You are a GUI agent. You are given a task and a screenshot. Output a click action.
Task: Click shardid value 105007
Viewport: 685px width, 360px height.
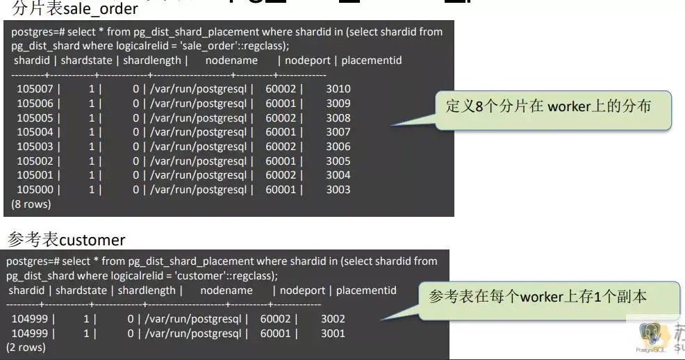pos(34,89)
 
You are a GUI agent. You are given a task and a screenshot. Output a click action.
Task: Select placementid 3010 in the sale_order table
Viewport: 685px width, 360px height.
pos(338,89)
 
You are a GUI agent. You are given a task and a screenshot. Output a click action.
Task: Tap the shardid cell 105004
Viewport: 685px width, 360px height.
pos(34,132)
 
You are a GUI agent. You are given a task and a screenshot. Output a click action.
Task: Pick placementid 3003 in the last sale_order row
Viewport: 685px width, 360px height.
pos(338,190)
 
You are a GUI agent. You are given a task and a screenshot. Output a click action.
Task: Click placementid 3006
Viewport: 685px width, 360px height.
pos(338,147)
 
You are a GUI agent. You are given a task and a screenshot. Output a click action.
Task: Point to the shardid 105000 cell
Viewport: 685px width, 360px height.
pos(34,190)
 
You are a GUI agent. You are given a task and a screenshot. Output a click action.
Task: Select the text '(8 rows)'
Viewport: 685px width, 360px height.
pos(31,204)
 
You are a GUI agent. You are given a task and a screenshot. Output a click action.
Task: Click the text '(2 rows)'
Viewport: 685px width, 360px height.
pos(26,347)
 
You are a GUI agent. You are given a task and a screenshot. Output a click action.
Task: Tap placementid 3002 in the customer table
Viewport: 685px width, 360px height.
pos(333,319)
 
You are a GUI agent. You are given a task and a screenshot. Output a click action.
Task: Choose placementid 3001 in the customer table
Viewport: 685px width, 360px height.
pos(333,334)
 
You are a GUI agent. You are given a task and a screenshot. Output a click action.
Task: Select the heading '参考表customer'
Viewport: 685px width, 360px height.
pos(66,240)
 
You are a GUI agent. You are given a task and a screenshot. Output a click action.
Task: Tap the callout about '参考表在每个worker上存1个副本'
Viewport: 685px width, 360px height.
pos(538,297)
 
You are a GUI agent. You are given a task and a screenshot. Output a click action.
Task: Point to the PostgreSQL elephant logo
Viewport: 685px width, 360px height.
pos(652,335)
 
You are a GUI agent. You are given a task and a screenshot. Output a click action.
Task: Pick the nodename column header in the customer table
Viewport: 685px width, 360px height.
pos(226,290)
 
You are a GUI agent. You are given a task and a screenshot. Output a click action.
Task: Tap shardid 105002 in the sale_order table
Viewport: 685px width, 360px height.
pos(34,161)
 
